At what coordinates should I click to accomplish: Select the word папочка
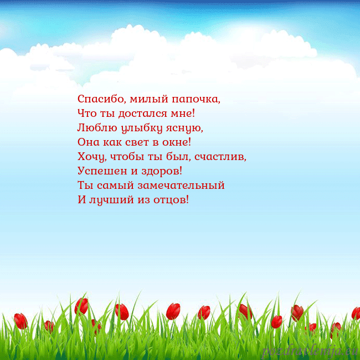[x=195, y=100]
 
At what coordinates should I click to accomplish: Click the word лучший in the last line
[x=109, y=199]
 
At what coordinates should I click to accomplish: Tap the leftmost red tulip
[x=20, y=321]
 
